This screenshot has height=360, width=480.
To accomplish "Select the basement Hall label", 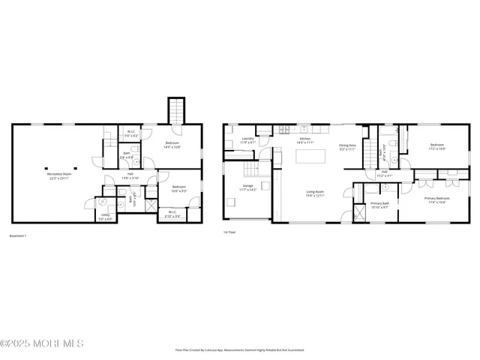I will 130,176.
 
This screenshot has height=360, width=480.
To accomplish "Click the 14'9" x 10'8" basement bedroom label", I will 172,145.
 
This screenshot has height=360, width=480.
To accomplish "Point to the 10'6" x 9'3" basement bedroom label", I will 178,188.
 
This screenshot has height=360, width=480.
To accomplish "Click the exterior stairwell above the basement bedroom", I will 176,110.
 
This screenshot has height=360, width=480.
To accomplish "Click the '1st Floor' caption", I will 230,232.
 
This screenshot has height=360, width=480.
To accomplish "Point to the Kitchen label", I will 305,140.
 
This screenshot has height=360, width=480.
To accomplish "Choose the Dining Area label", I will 346,147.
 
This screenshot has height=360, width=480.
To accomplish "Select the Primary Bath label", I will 379,205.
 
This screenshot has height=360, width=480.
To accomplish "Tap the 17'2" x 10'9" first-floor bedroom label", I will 437,146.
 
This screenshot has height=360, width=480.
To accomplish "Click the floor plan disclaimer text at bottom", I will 239,350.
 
